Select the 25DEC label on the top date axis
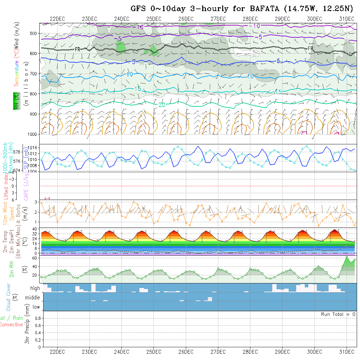tap(153, 19)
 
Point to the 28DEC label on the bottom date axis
tap(250, 352)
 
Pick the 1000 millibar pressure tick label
tap(33, 134)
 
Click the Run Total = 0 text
tap(338, 314)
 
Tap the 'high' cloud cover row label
tap(35, 288)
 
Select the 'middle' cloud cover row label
tap(33, 298)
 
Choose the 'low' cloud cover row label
tap(36, 307)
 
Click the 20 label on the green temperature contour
tap(162, 105)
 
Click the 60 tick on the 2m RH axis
tap(33, 258)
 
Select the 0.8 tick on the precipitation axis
tap(38, 318)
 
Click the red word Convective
tap(11, 325)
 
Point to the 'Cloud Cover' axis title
tap(9, 297)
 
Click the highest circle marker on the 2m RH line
tap(347, 257)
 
